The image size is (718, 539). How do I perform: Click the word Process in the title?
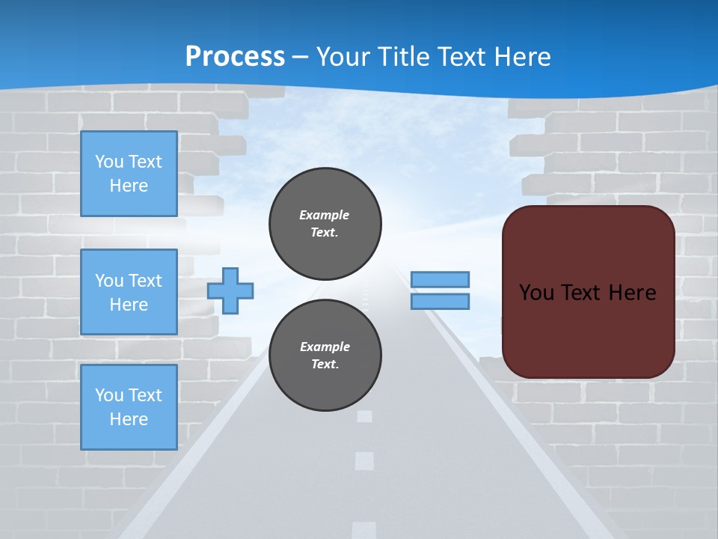[235, 57]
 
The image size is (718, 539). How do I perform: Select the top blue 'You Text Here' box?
[129, 174]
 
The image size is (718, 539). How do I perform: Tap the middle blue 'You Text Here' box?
[129, 292]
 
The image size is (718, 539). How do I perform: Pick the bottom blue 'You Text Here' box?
[129, 406]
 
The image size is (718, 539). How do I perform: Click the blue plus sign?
[230, 289]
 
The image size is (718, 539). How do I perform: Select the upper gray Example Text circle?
[325, 223]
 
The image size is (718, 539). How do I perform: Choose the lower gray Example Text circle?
[325, 355]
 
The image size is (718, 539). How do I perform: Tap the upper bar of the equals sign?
[440, 279]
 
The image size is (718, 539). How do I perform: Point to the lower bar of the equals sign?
[440, 301]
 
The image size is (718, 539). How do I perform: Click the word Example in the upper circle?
[325, 215]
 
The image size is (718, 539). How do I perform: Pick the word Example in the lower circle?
[325, 347]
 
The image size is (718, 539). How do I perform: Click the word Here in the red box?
[632, 293]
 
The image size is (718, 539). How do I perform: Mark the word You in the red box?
[536, 293]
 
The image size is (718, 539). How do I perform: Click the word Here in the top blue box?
[129, 186]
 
